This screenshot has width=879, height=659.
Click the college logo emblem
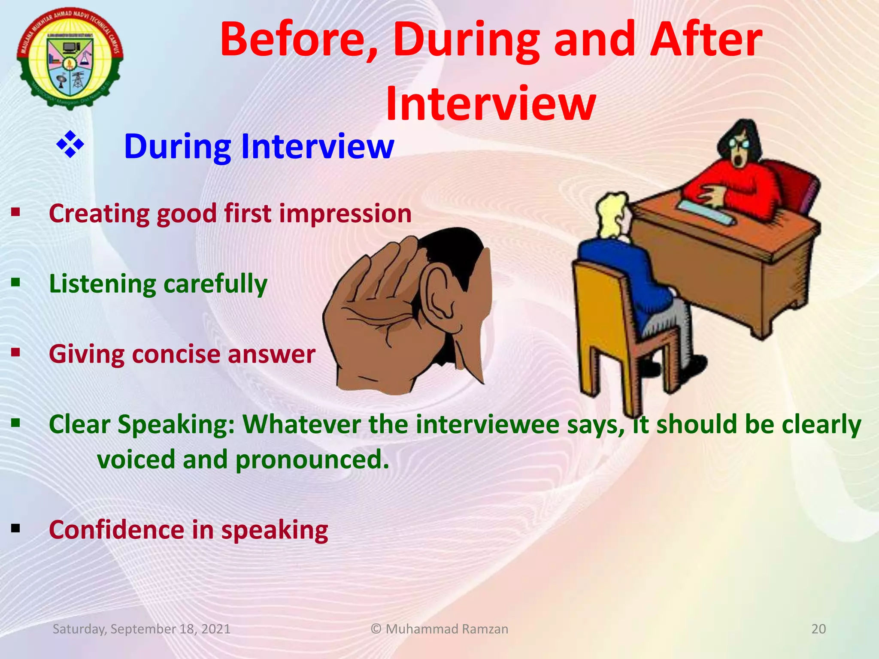click(x=70, y=58)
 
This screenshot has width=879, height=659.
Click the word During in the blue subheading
click(x=177, y=147)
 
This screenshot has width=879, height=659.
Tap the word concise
click(x=176, y=354)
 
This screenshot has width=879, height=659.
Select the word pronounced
click(x=312, y=459)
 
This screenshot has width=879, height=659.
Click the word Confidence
click(x=116, y=530)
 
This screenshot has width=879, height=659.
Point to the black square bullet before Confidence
click(x=16, y=528)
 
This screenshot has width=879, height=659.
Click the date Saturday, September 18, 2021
click(x=141, y=629)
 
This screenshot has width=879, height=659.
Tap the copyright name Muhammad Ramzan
click(x=446, y=629)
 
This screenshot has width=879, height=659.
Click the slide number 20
click(x=818, y=629)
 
